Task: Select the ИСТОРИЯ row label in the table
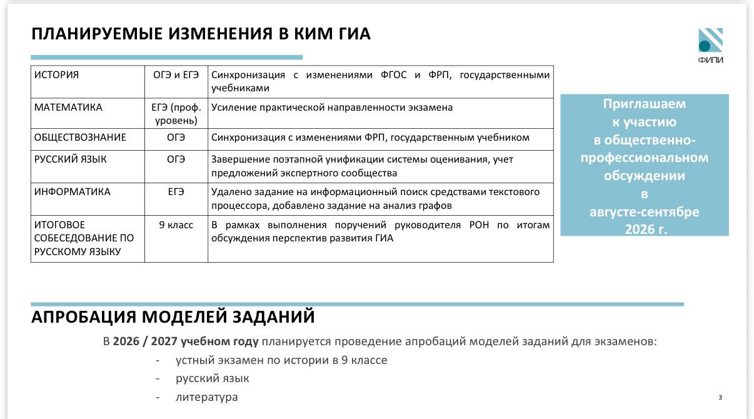coord(56,75)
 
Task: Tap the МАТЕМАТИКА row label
coord(68,108)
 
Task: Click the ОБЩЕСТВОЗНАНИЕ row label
coord(80,138)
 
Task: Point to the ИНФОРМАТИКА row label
coord(73,191)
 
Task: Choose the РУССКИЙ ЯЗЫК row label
coord(71,159)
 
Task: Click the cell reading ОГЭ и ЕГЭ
coord(176,75)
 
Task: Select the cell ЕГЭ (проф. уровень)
coord(176,114)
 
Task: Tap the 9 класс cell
coord(176,225)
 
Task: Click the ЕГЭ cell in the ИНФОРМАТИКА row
coord(176,191)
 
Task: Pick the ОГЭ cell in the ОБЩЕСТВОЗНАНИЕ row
coord(176,138)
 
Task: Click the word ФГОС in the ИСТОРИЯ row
coord(393,75)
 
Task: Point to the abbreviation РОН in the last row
coord(479,225)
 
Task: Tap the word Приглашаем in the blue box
coord(644,104)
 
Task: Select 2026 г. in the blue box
coord(646,230)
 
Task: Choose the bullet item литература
coord(207,397)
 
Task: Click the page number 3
coord(720,398)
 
